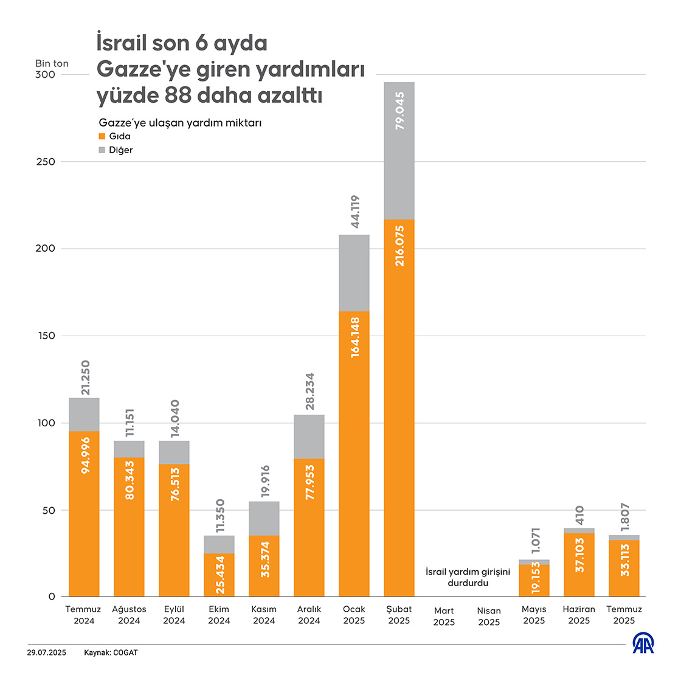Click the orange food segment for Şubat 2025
click(399, 407)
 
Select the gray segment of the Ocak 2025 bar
click(354, 273)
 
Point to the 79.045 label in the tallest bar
click(399, 111)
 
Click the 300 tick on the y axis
click(45, 75)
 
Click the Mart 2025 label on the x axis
click(444, 617)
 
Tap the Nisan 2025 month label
click(489, 617)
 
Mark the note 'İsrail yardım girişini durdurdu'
click(468, 578)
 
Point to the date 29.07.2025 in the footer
click(46, 653)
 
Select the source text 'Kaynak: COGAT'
click(111, 653)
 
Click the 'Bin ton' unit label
click(52, 63)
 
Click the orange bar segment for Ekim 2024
click(219, 575)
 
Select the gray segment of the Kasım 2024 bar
click(264, 519)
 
